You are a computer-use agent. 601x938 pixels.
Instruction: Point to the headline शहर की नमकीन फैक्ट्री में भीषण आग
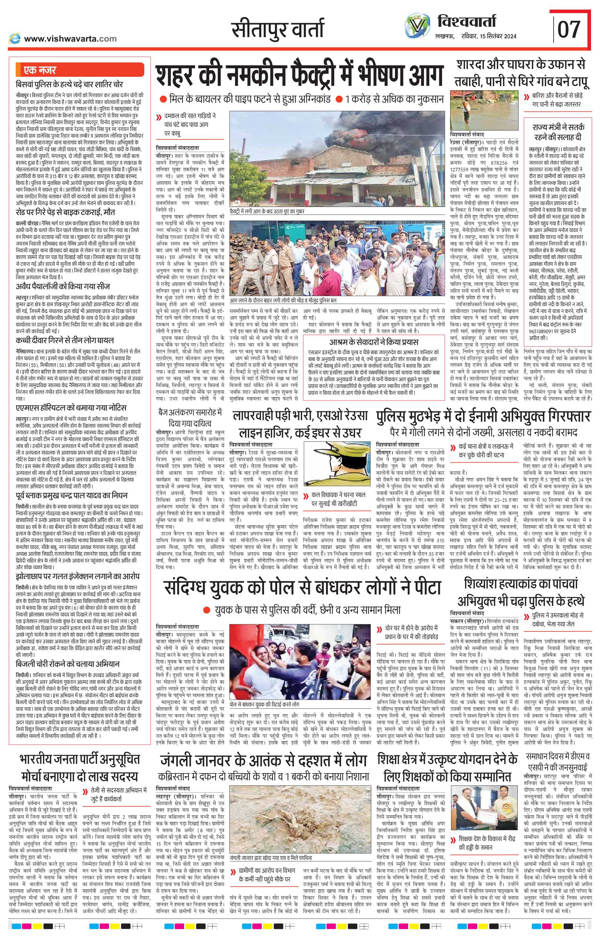[300, 76]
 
